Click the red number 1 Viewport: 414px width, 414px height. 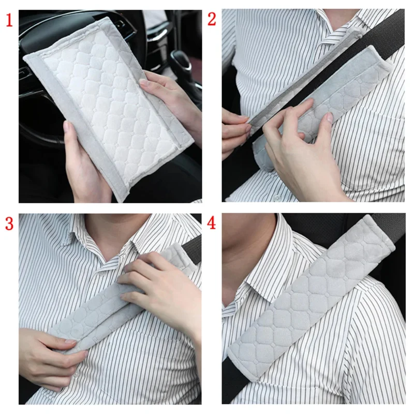9,20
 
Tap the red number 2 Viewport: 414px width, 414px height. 212,19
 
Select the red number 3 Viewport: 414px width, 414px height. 9,224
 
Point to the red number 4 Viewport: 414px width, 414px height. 212,223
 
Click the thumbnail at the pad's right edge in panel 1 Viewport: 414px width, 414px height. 145,83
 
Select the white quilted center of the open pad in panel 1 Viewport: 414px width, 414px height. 111,106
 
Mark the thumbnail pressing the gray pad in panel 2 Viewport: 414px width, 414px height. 329,117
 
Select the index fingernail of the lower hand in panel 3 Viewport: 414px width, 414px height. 71,342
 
